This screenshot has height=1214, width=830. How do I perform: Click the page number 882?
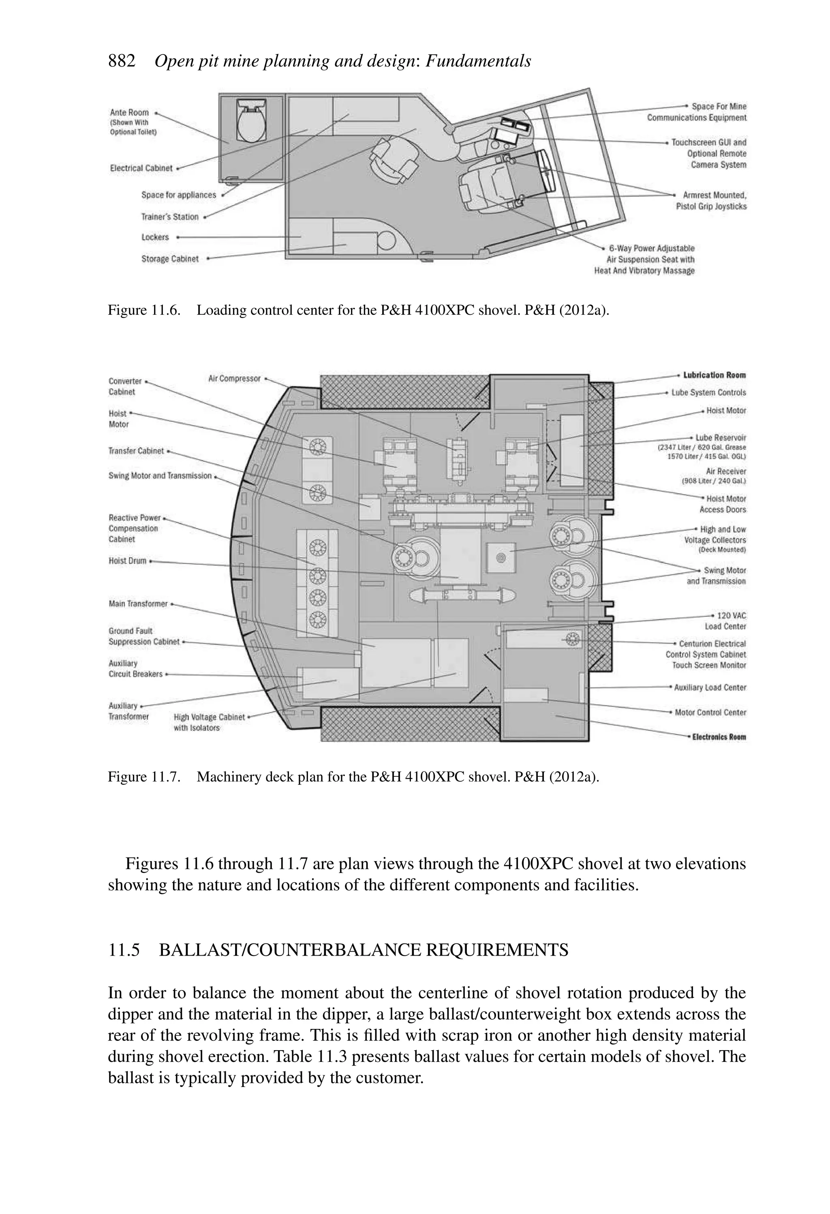point(122,61)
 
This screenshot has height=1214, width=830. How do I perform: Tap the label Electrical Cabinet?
point(141,168)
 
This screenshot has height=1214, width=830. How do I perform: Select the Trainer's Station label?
point(170,217)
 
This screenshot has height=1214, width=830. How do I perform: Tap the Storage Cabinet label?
point(170,259)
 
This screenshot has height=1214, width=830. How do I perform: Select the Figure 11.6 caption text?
point(358,310)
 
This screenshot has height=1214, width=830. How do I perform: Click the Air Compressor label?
point(234,379)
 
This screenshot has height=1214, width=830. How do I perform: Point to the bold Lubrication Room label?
point(714,375)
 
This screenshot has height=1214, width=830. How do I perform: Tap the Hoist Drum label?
point(127,561)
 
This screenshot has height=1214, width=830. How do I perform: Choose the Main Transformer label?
point(138,604)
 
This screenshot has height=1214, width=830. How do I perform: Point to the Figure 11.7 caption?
point(353,777)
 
